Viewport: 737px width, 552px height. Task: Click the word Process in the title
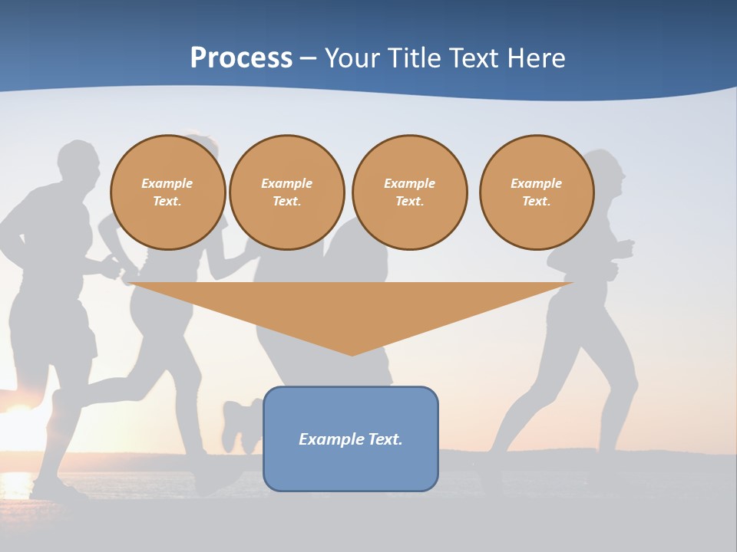(241, 58)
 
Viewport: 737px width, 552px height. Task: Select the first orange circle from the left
(167, 192)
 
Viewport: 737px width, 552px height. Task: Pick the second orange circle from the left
(286, 192)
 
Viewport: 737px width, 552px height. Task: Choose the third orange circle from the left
(409, 192)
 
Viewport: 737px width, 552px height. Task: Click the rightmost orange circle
(536, 192)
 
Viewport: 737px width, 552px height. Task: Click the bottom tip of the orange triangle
(352, 354)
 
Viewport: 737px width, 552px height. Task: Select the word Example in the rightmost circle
(536, 183)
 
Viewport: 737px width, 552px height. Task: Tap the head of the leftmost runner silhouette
(81, 163)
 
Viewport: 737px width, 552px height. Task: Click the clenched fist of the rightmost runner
(626, 248)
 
